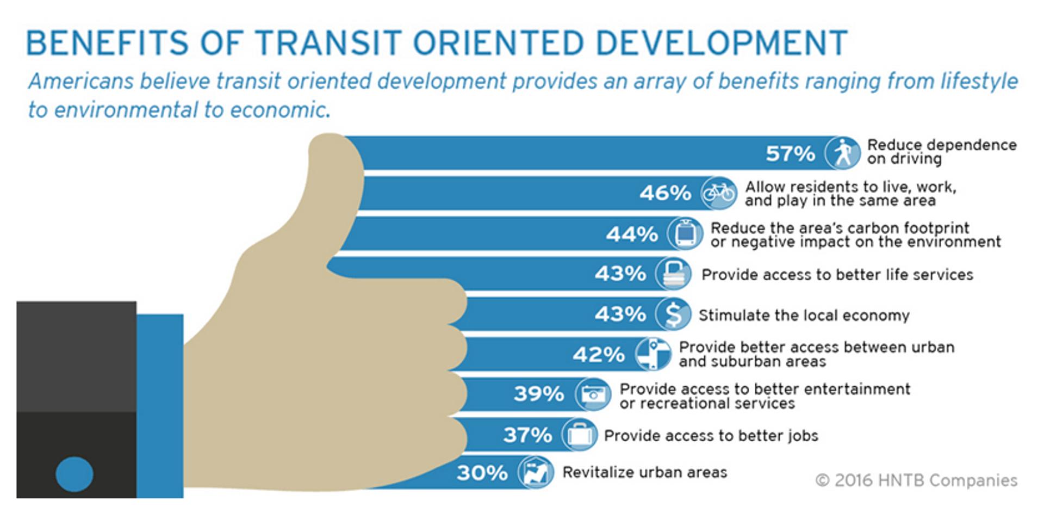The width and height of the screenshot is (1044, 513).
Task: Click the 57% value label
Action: pos(790,153)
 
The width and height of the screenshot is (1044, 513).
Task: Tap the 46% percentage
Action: pos(664,193)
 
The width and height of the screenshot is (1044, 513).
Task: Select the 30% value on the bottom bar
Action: pos(482,473)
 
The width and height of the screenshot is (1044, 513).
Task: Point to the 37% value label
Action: pos(527,435)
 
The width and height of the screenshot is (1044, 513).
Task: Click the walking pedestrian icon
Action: pos(843,153)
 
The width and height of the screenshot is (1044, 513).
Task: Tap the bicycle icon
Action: pos(719,193)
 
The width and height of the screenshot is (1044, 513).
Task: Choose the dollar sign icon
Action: pos(673,314)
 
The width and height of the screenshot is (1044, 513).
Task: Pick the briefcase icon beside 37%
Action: pos(579,435)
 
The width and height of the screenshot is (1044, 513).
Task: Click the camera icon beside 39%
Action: pos(593,394)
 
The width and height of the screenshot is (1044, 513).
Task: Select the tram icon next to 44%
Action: pos(685,233)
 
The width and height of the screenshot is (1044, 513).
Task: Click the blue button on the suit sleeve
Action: pos(74,474)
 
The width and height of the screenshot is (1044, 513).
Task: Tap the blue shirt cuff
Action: pos(160,405)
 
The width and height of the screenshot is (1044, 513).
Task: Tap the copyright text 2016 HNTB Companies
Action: pos(916,480)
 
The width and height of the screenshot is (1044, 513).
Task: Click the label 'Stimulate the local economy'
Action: pos(804,316)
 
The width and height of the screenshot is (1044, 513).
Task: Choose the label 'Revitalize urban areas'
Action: pos(644,472)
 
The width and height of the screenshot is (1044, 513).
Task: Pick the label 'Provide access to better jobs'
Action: pos(711,436)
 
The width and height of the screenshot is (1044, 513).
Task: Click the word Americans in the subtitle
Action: pos(80,82)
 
